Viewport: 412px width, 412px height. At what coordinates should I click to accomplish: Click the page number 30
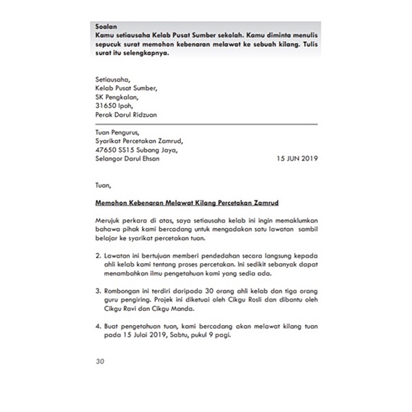[99, 361]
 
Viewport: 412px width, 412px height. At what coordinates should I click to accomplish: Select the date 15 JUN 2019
[296, 158]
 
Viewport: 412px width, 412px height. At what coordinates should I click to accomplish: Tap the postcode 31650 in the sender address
[106, 106]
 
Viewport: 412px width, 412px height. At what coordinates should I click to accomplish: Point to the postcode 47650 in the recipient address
[107, 149]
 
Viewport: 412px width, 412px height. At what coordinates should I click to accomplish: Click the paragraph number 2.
[98, 257]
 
